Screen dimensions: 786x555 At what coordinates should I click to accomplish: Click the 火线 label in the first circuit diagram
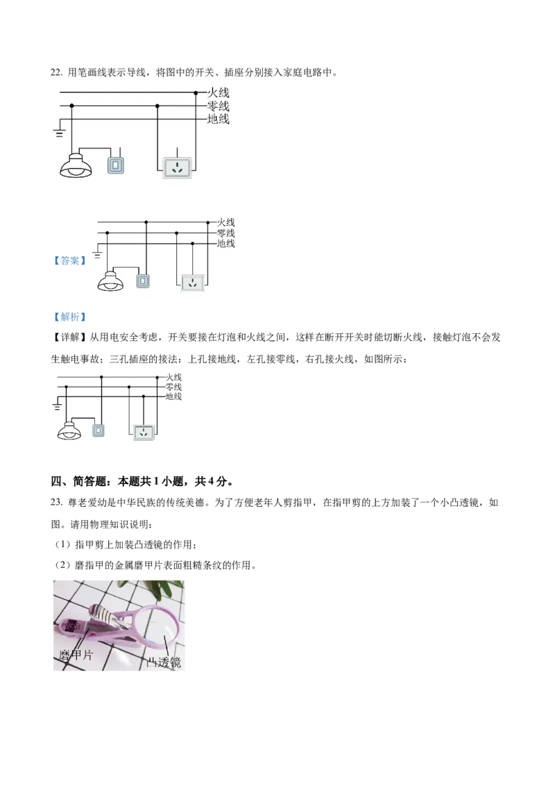click(219, 92)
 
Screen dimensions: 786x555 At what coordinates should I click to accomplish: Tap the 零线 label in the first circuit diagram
click(219, 106)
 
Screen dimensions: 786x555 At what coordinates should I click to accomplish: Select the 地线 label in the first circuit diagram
click(219, 119)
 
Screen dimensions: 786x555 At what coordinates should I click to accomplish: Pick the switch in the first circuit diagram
click(116, 165)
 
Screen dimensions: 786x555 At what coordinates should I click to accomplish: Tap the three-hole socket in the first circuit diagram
click(179, 167)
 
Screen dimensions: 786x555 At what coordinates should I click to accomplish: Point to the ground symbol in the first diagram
click(60, 132)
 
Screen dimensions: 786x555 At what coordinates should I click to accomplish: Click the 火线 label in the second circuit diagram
click(226, 222)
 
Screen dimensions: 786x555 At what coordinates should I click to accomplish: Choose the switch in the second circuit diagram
click(143, 281)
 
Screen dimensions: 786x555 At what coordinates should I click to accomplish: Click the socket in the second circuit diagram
click(192, 283)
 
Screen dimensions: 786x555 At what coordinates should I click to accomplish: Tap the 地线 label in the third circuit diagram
click(173, 396)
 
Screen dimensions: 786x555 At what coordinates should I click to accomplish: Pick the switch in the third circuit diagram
click(99, 430)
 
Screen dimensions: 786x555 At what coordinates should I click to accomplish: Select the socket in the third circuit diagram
click(143, 432)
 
